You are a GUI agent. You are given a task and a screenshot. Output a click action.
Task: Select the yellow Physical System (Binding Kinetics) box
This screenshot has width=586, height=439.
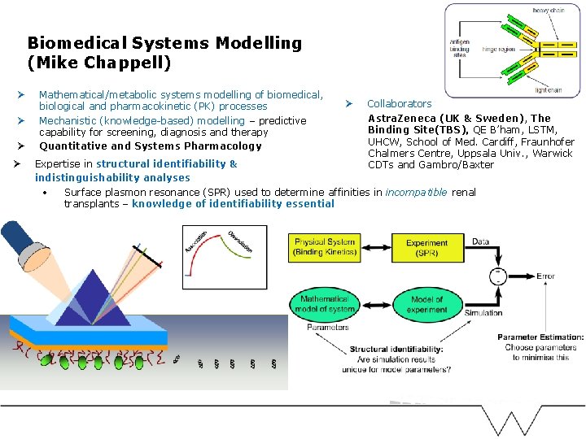[x=325, y=247]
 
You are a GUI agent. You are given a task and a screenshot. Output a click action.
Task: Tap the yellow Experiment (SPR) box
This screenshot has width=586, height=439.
[x=426, y=247]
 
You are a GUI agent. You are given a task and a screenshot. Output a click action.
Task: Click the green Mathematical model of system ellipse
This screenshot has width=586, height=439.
[x=325, y=304]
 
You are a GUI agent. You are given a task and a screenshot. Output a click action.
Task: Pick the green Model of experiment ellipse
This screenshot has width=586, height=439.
[x=426, y=304]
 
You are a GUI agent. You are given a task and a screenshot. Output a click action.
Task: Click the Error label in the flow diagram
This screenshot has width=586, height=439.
[x=545, y=276]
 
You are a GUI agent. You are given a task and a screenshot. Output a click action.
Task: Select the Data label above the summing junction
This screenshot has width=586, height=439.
[x=480, y=241]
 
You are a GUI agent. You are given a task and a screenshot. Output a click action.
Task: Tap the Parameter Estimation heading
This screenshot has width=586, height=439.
[x=540, y=337]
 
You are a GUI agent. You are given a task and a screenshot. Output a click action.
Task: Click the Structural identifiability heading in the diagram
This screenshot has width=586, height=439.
[x=396, y=350]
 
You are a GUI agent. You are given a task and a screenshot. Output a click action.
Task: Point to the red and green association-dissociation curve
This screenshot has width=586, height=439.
[x=224, y=258]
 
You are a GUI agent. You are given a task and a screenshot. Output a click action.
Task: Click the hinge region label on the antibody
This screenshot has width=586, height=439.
[x=500, y=49]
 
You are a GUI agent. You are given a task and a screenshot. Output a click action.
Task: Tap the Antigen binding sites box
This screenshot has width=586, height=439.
[x=461, y=48]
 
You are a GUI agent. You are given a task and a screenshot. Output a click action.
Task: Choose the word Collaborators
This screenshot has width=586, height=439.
[x=399, y=104]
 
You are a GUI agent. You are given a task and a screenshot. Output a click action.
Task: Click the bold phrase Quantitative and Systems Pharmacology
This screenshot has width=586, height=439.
[x=151, y=146]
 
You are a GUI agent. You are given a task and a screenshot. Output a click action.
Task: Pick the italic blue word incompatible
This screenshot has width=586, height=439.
[x=416, y=193]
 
